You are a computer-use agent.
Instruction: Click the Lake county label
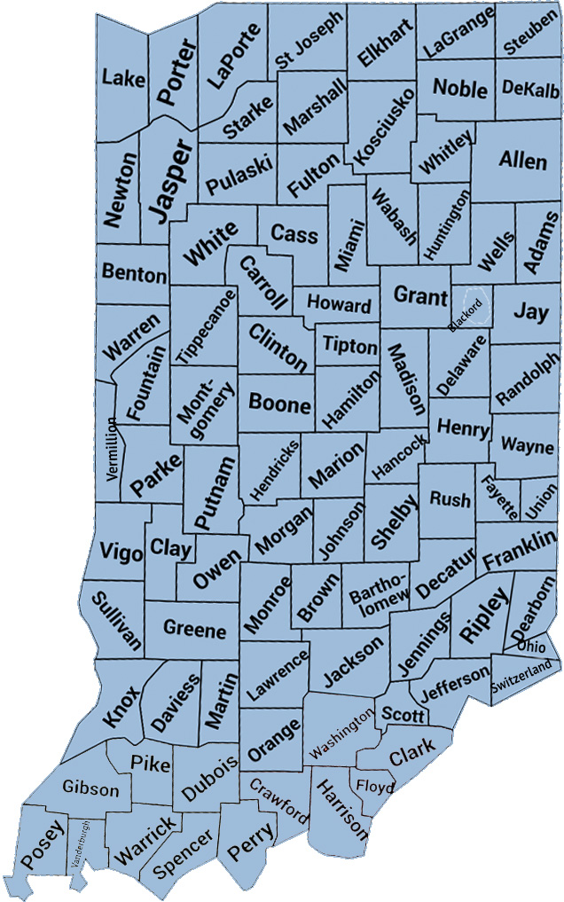[x=123, y=79]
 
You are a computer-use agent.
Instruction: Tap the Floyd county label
[x=371, y=784]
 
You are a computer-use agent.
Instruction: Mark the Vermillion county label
[x=111, y=449]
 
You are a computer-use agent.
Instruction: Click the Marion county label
[x=336, y=467]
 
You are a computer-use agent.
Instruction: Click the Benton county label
[x=134, y=271]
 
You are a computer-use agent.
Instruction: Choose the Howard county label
[x=339, y=305]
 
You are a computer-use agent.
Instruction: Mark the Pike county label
[x=151, y=762]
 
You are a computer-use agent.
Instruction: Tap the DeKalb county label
[x=529, y=89]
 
